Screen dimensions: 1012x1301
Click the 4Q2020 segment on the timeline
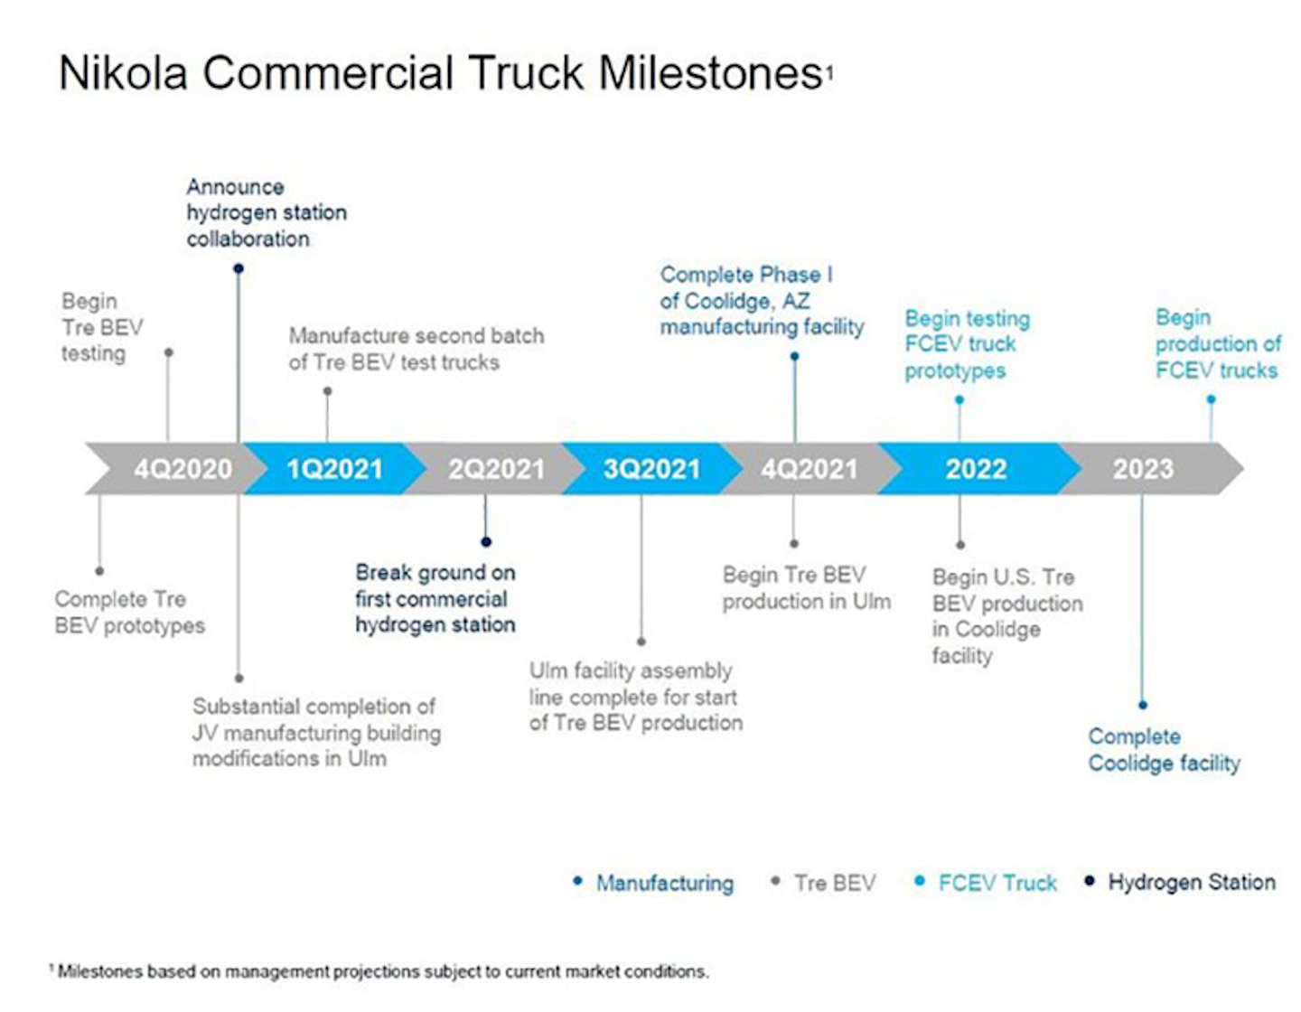coord(183,469)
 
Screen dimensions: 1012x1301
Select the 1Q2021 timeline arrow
coord(334,469)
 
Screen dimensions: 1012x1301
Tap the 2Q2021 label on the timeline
coord(496,469)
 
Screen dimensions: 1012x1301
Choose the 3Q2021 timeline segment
coord(651,469)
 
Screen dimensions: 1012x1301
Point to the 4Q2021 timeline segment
coord(809,469)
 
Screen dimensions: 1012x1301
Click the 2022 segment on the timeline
coord(976,469)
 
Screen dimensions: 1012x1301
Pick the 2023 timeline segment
coord(1143,469)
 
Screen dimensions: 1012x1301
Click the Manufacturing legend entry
coord(664,883)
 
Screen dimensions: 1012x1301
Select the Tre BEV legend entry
coord(834,883)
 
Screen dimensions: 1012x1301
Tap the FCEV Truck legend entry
coord(997,883)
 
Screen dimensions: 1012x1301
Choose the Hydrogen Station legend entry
coord(1191,882)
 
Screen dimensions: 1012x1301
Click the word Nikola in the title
coord(123,73)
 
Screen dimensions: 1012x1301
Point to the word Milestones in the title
coord(710,73)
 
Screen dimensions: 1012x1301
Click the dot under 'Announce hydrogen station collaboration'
coord(239,268)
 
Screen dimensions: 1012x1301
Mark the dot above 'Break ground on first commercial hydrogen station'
coord(486,542)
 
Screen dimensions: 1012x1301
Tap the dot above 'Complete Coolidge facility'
coord(1143,705)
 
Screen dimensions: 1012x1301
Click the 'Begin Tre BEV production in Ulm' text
coord(806,588)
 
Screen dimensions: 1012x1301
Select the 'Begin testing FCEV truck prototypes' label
coord(967,344)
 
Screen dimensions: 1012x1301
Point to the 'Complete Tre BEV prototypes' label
coord(129,612)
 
